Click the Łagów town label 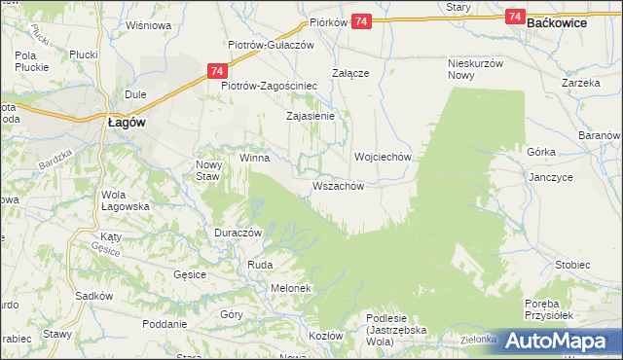click(x=126, y=123)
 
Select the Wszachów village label click(x=339, y=185)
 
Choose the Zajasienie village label click(x=311, y=116)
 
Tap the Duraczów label click(x=238, y=234)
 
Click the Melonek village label click(x=290, y=288)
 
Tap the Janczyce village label click(x=550, y=178)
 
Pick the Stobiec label click(x=572, y=265)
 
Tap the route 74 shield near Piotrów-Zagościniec click(x=217, y=71)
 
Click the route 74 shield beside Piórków click(x=361, y=21)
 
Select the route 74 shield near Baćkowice click(x=516, y=18)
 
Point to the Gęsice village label click(x=190, y=275)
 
